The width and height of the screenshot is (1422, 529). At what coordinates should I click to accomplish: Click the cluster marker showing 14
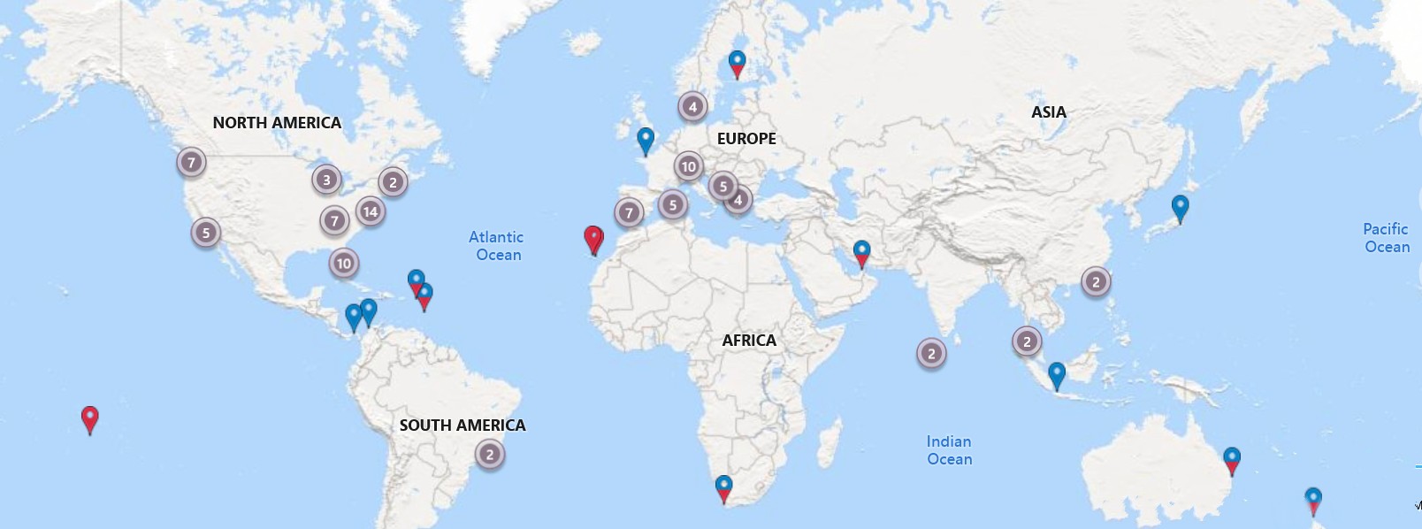(x=371, y=211)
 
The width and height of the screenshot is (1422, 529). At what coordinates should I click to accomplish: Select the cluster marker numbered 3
(x=326, y=180)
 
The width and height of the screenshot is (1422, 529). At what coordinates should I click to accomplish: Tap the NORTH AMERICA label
(x=277, y=123)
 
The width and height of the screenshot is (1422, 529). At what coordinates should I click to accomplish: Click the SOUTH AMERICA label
(x=463, y=425)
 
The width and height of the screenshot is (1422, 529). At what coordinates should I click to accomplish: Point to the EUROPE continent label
(x=746, y=139)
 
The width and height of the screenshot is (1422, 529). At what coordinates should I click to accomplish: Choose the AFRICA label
(x=749, y=341)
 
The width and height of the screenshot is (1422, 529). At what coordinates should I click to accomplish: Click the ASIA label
(x=1049, y=112)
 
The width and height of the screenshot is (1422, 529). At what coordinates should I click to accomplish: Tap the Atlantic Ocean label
(x=496, y=246)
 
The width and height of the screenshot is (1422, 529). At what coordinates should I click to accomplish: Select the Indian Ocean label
(x=949, y=450)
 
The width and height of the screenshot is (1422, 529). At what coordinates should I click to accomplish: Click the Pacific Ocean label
(x=1386, y=238)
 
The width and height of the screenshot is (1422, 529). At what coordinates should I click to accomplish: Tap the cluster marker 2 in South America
(x=490, y=455)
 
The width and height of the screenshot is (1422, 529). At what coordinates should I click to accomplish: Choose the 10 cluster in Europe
(x=689, y=166)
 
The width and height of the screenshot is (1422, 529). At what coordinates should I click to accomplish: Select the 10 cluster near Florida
(x=344, y=263)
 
